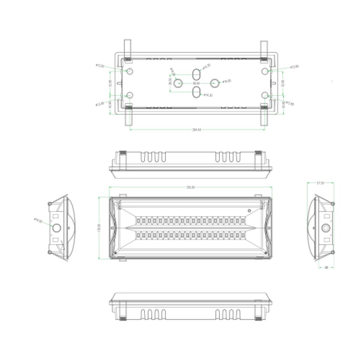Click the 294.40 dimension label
coord(197,130)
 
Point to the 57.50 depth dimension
coord(320,183)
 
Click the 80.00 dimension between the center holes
coord(196,83)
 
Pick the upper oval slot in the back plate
coord(196,74)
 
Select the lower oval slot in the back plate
coord(196,92)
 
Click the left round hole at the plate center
coord(178,83)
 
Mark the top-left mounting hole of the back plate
coord(130,71)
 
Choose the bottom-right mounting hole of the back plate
coord(265,95)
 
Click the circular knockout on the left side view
coord(57,228)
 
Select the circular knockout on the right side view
coord(326,228)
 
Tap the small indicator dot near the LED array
coord(248,210)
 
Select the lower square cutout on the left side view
coord(55,239)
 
